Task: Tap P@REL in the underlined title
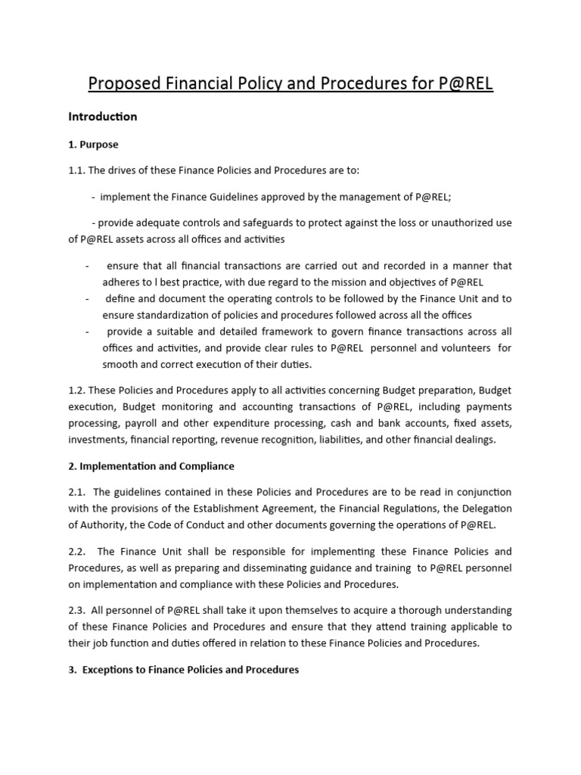click(x=465, y=82)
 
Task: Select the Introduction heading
click(x=102, y=117)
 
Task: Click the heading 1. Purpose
click(x=93, y=144)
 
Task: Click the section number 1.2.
click(x=77, y=391)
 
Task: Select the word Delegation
click(x=483, y=509)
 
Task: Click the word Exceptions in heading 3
click(x=111, y=670)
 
